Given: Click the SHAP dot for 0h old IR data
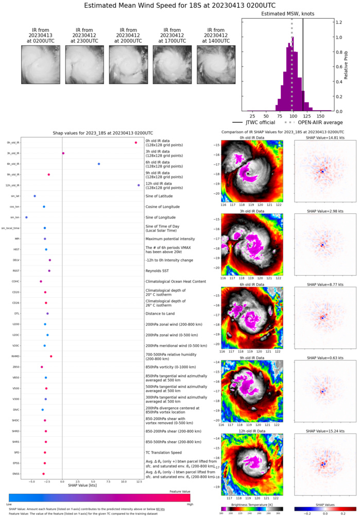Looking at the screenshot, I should [x=135, y=143].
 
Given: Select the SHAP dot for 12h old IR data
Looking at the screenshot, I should [x=139, y=185].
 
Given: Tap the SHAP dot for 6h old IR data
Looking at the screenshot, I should [x=99, y=164].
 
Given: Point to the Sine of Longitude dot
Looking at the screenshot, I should [x=26, y=218].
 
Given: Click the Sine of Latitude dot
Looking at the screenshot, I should [x=35, y=196].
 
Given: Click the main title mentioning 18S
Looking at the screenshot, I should [x=180, y=7].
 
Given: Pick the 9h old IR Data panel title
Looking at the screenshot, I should [x=249, y=357].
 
